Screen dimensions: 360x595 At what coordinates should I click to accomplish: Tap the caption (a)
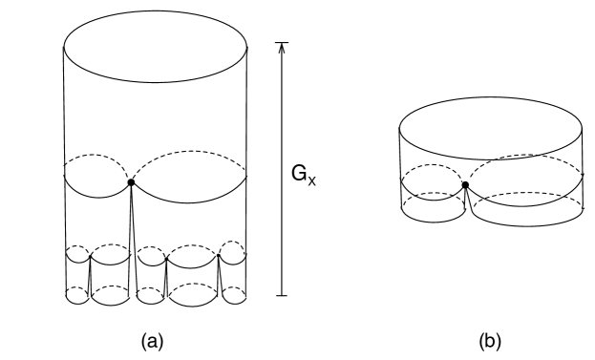pos(157,338)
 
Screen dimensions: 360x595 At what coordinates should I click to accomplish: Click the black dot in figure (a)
pos(131,181)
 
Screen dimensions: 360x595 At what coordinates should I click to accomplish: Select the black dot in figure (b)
pos(465,184)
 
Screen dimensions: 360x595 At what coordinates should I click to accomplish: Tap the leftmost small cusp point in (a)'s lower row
pos(90,257)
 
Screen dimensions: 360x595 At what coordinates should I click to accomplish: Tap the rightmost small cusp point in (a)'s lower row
pos(220,256)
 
